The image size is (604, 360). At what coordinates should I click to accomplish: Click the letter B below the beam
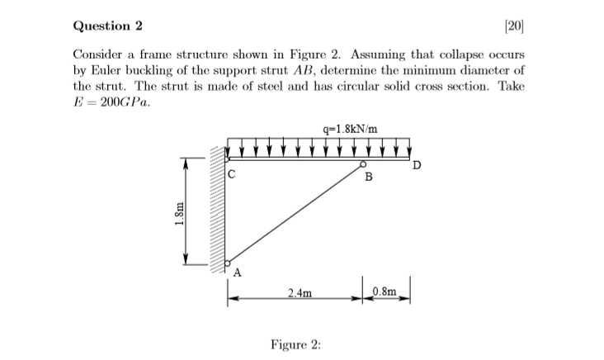click(x=368, y=178)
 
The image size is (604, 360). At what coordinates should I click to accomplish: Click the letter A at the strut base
click(x=238, y=272)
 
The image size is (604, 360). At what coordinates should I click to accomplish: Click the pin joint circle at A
click(x=227, y=262)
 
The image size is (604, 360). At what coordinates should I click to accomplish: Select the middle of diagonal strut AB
click(x=295, y=214)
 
